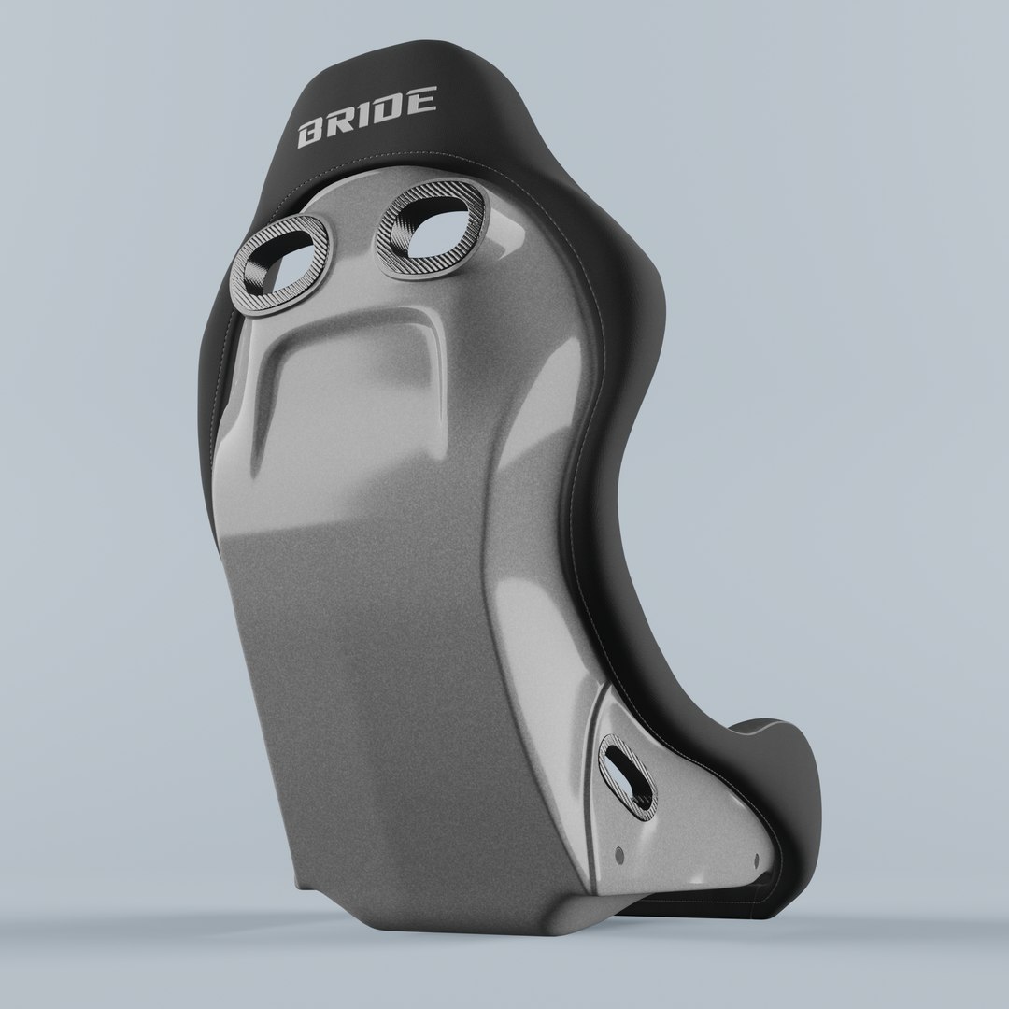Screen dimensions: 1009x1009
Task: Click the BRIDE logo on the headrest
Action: point(366,118)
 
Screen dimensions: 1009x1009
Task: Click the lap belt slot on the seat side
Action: point(629,773)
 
